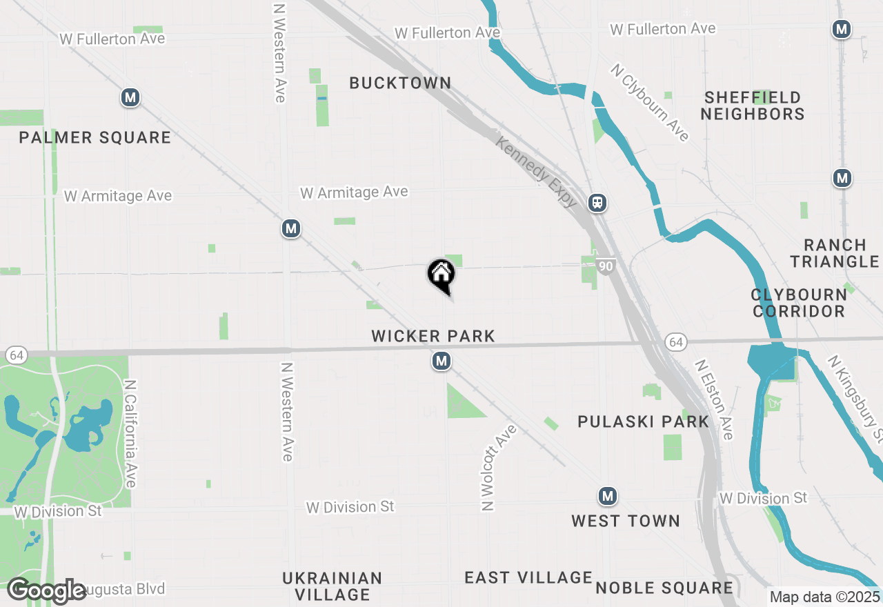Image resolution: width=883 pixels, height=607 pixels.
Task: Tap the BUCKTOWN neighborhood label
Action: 400,83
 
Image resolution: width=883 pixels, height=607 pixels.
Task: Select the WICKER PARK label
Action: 433,337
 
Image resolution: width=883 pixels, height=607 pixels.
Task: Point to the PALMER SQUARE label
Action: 95,138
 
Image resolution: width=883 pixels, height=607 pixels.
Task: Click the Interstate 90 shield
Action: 606,266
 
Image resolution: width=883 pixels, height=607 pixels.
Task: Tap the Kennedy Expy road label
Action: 537,172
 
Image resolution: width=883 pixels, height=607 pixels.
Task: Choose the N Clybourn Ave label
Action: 650,103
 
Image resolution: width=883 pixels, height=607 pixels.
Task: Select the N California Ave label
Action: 130,432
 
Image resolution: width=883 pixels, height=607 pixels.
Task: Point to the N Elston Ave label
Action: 713,399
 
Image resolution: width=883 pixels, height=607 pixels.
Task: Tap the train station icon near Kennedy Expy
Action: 597,203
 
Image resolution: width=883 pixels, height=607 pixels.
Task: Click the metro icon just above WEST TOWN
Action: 607,496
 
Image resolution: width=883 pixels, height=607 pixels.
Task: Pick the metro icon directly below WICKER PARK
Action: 441,361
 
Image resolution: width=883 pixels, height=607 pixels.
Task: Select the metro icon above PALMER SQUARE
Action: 130,98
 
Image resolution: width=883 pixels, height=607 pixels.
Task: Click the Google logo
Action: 47,591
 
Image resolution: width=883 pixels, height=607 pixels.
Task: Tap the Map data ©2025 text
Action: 824,597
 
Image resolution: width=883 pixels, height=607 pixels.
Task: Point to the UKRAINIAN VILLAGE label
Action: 332,586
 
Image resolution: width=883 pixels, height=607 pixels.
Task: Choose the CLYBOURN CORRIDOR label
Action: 799,303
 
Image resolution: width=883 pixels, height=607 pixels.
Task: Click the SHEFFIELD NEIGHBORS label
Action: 753,106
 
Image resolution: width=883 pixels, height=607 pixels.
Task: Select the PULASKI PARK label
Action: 643,422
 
